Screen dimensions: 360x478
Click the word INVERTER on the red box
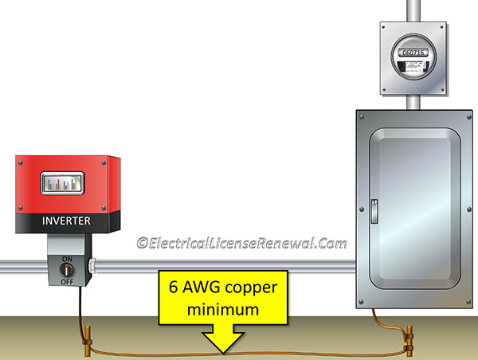pos(67,221)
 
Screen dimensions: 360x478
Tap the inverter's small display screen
pos(67,186)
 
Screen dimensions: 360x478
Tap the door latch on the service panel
pos(374,208)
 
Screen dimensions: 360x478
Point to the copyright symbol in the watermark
pos(143,242)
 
